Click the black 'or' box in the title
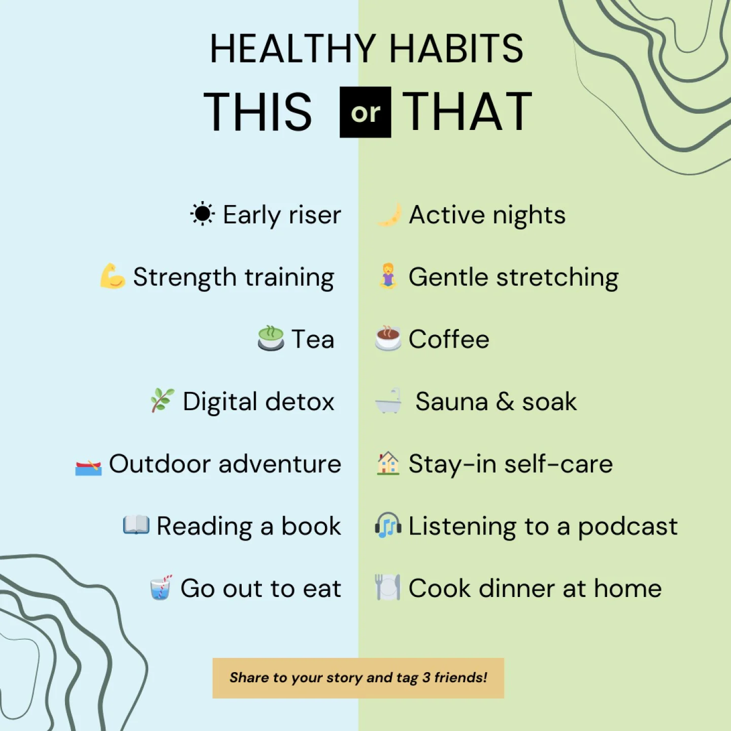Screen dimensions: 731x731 [365, 112]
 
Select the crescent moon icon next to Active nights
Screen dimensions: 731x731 [390, 215]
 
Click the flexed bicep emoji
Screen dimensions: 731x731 [112, 276]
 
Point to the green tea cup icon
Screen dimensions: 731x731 [271, 339]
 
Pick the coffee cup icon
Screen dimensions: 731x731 [388, 338]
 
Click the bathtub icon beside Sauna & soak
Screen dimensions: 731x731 [388, 401]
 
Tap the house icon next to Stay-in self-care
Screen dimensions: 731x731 [388, 463]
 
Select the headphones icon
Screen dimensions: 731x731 [388, 525]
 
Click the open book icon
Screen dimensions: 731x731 [136, 525]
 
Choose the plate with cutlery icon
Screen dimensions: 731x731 [388, 587]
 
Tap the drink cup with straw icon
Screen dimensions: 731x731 [161, 588]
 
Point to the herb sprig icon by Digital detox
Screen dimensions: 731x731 [162, 401]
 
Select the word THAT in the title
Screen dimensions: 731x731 [467, 112]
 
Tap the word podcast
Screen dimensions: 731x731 [627, 526]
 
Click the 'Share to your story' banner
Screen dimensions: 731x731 [358, 678]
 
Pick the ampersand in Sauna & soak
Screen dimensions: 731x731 [505, 402]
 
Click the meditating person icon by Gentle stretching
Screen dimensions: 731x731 [388, 276]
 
